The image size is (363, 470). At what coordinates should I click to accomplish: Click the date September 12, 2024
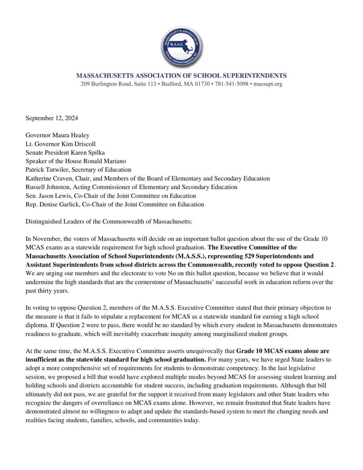[x=52, y=118]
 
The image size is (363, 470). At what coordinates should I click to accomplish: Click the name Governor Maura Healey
[x=57, y=135]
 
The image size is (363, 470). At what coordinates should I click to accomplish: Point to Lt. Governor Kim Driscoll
[x=61, y=144]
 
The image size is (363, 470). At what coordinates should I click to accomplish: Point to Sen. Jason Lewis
[x=44, y=196]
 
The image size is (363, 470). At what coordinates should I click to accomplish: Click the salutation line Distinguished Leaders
[x=108, y=222]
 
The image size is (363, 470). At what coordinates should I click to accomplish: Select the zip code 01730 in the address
[x=203, y=84]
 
